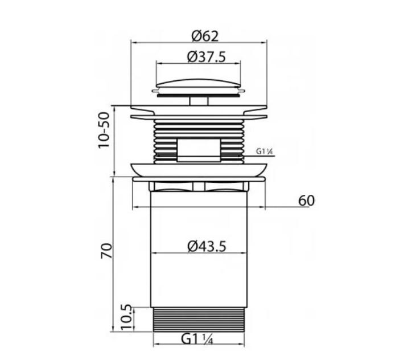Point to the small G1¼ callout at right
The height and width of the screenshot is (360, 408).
point(266,152)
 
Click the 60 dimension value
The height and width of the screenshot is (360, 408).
point(306,201)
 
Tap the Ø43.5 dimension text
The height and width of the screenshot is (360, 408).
point(207,246)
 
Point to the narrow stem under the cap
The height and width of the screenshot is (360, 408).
point(199,101)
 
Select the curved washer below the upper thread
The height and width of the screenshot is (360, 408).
point(199,170)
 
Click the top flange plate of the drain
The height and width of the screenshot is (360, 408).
point(199,108)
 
